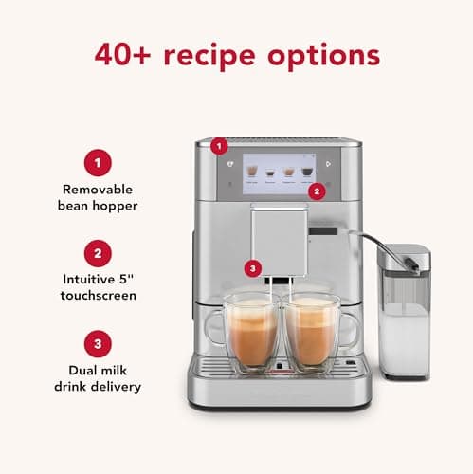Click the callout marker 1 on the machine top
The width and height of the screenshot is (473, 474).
tap(220, 146)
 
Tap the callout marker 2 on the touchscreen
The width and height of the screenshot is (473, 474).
tap(318, 191)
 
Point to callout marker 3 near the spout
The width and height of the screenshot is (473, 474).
tap(251, 268)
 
